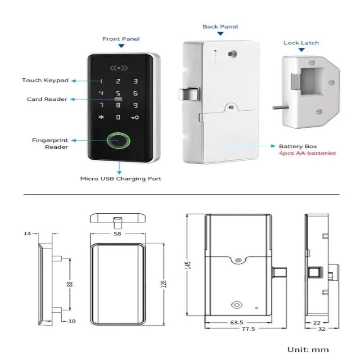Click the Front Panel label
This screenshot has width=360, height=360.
point(121,39)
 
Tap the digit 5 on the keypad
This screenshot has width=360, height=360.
point(118,94)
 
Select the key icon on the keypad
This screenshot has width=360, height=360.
point(135,117)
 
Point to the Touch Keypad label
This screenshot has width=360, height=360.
point(45,81)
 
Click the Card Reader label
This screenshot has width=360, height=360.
point(47,99)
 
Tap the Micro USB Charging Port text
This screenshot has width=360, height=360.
point(121,179)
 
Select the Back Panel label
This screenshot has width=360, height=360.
point(220,27)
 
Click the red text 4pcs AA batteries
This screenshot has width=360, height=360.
point(307,153)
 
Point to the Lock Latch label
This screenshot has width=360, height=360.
point(301,43)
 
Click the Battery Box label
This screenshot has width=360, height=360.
point(298,146)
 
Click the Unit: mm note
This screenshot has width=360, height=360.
point(308,350)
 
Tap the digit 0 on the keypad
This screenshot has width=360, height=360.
point(118,117)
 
